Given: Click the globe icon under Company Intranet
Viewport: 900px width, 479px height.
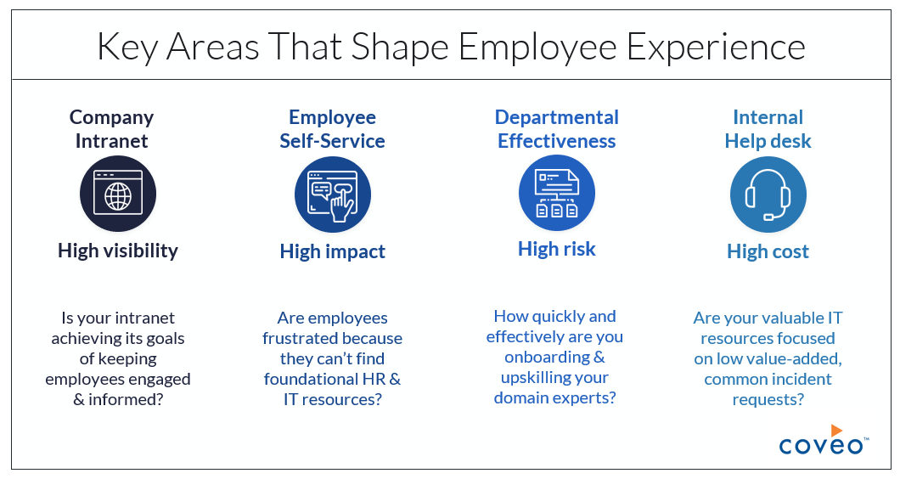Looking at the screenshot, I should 118,195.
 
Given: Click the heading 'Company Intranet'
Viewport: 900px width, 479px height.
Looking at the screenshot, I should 111,129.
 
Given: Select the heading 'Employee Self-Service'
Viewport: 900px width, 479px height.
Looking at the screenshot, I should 333,129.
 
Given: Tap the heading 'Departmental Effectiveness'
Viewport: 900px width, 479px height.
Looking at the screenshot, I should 557,129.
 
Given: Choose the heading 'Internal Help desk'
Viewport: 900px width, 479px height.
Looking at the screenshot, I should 768,129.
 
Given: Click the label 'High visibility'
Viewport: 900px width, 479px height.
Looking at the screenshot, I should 118,251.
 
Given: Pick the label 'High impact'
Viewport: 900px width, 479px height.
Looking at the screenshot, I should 333,251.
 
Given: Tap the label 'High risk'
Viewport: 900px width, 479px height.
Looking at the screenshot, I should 557,249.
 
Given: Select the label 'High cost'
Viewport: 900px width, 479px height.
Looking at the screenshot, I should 768,251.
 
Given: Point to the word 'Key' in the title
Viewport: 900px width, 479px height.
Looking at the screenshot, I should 128,48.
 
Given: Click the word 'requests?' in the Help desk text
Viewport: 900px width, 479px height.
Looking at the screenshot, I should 768,399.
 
